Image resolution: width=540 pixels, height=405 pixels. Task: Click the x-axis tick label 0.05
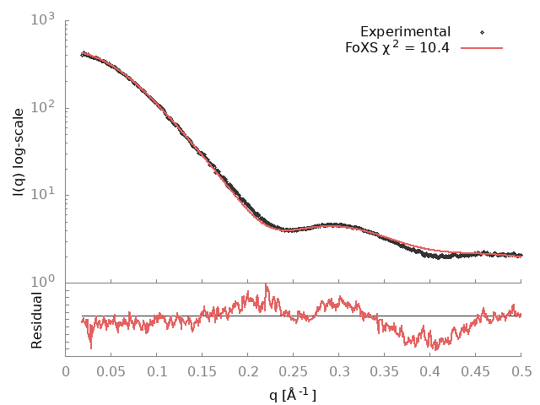point(111,370)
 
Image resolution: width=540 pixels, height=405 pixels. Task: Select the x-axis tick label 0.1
point(157,370)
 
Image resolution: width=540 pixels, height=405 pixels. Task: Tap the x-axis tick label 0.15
point(202,370)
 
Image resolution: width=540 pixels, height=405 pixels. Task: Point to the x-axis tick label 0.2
point(248,370)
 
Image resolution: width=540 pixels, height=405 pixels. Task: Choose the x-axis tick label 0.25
point(294,370)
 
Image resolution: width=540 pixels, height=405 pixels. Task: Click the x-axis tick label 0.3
point(339,370)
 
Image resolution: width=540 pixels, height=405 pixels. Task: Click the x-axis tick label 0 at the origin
point(66,370)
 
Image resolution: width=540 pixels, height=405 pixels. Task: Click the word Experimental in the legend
point(406,32)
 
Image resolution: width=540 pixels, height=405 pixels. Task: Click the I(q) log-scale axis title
point(19,152)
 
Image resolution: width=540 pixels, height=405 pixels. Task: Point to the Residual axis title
point(37,321)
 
